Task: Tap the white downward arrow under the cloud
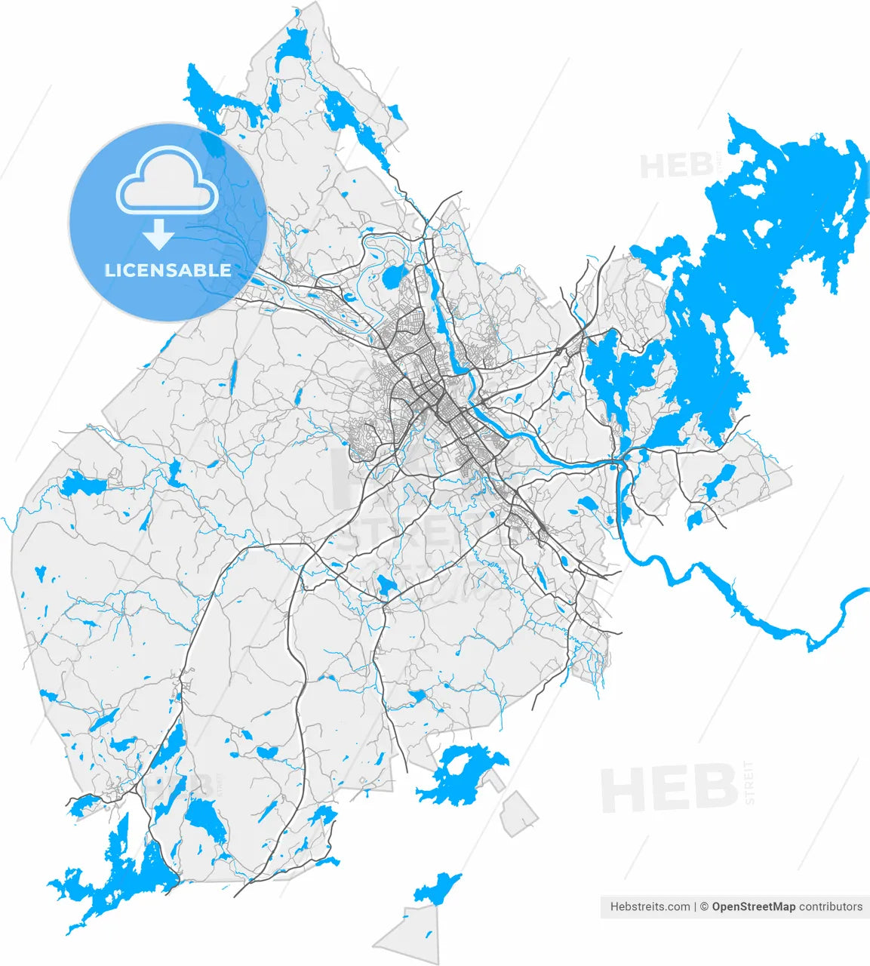158,235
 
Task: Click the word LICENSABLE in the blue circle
168,270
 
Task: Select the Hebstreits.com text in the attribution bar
649,906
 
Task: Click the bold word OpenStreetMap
753,906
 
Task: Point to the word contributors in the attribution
830,906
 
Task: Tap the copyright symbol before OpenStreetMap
703,906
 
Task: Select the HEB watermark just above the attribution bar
669,789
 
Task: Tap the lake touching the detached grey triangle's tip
438,888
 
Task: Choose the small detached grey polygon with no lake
520,814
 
